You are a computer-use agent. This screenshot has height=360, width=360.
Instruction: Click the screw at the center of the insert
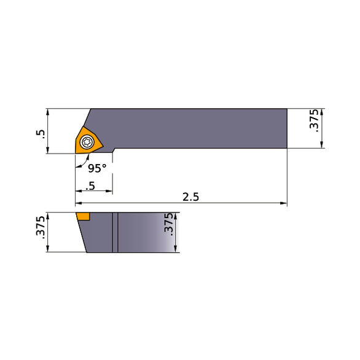click(87, 143)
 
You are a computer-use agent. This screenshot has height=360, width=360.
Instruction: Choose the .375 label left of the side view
click(41, 232)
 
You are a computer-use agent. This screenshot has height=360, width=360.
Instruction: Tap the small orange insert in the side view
click(83, 216)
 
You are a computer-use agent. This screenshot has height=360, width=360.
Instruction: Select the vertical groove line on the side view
click(114, 232)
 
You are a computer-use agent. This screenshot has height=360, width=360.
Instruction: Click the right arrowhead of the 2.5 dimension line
click(284, 203)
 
